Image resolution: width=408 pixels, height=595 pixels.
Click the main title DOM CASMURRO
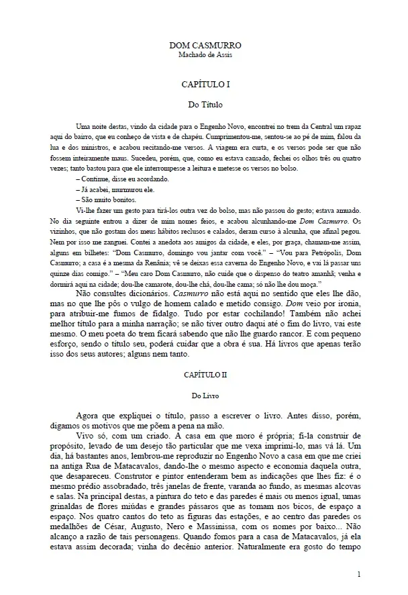click(205, 45)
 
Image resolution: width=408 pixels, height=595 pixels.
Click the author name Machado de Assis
click(205, 54)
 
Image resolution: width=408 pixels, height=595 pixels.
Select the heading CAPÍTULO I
click(205, 85)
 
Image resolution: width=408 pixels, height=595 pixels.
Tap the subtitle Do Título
click(205, 105)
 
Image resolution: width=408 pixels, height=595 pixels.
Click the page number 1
click(360, 575)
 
